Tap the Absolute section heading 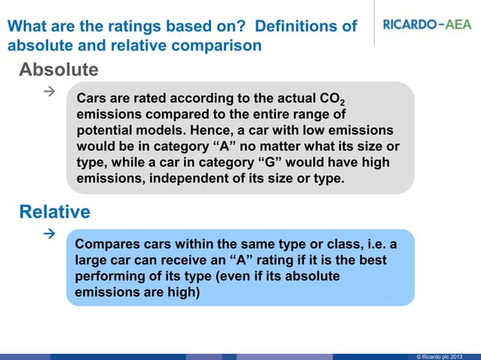pyautogui.click(x=58, y=70)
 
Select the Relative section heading pyautogui.click(x=54, y=212)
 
